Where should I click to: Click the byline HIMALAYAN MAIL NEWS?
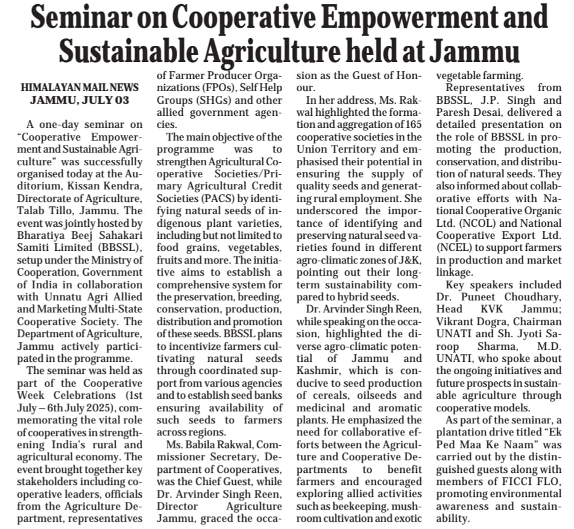tap(80, 87)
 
